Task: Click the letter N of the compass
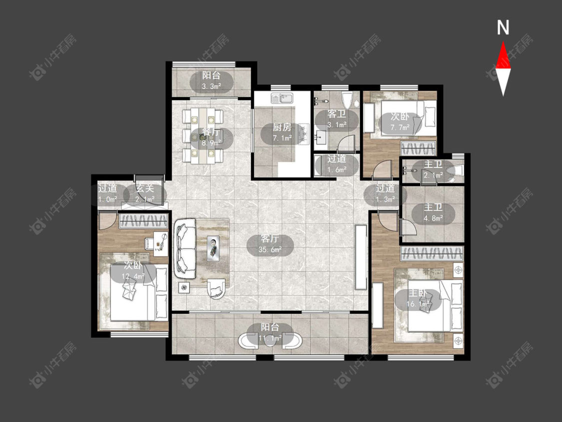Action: (503, 27)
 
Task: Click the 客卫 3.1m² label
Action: (337, 119)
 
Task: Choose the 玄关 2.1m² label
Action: (145, 194)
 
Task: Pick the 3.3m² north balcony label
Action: (211, 81)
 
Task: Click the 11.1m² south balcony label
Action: (270, 332)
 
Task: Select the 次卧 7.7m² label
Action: (400, 122)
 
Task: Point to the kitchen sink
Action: (282, 98)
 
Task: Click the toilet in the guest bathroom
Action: (347, 100)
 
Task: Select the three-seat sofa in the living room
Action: (185, 248)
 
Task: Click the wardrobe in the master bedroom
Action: (432, 253)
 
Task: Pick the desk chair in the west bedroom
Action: (149, 243)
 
